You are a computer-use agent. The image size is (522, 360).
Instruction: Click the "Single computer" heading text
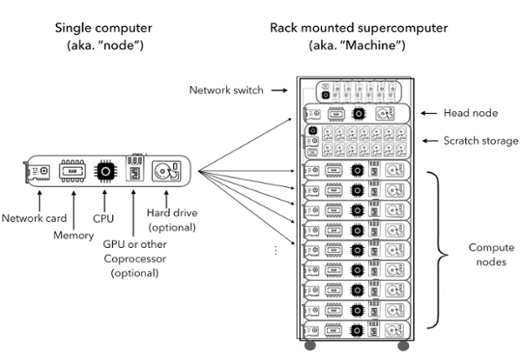click(104, 28)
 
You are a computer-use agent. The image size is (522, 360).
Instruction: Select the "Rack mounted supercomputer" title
click(358, 28)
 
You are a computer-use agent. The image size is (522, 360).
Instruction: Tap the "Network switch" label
click(226, 90)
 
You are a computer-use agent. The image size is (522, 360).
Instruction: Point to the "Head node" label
click(471, 113)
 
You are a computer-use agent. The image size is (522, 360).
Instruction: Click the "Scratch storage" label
click(481, 141)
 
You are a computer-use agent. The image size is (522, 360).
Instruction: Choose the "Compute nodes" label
click(492, 255)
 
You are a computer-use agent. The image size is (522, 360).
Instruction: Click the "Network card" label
click(34, 218)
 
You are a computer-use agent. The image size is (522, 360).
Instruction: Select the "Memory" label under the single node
click(74, 236)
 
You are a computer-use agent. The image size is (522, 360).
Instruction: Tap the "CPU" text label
click(104, 218)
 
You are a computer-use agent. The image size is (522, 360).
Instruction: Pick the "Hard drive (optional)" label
click(172, 220)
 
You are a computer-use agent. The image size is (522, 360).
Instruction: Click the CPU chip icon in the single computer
click(105, 171)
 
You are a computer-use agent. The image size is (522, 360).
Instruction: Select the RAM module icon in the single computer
click(72, 171)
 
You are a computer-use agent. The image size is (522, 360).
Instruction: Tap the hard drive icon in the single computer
click(166, 171)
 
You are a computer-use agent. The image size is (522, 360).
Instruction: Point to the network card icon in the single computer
click(37, 172)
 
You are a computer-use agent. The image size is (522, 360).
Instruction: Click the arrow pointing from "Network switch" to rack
click(279, 90)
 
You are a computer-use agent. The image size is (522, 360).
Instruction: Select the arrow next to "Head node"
click(429, 113)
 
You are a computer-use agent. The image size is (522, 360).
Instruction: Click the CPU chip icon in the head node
click(358, 114)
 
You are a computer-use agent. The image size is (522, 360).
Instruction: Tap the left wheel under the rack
click(310, 346)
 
